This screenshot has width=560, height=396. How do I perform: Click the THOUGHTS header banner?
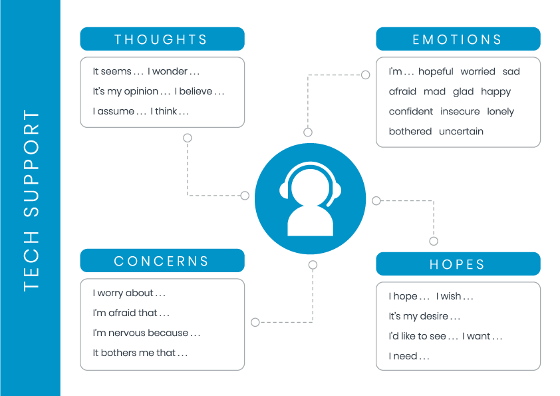162,39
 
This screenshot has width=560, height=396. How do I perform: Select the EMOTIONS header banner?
458,39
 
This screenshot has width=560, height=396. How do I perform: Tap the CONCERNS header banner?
162,261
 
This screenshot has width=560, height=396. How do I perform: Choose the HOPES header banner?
458,264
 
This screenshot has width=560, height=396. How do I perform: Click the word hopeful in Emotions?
436,72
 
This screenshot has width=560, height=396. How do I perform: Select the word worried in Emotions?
478,72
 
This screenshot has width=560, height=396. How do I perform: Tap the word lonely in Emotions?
500,112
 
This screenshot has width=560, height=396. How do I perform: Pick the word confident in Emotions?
411,112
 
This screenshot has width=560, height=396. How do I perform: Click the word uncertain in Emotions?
461,132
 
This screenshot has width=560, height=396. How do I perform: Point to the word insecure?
460,112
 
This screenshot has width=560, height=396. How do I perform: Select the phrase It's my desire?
424,317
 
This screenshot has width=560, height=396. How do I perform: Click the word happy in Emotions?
495,92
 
